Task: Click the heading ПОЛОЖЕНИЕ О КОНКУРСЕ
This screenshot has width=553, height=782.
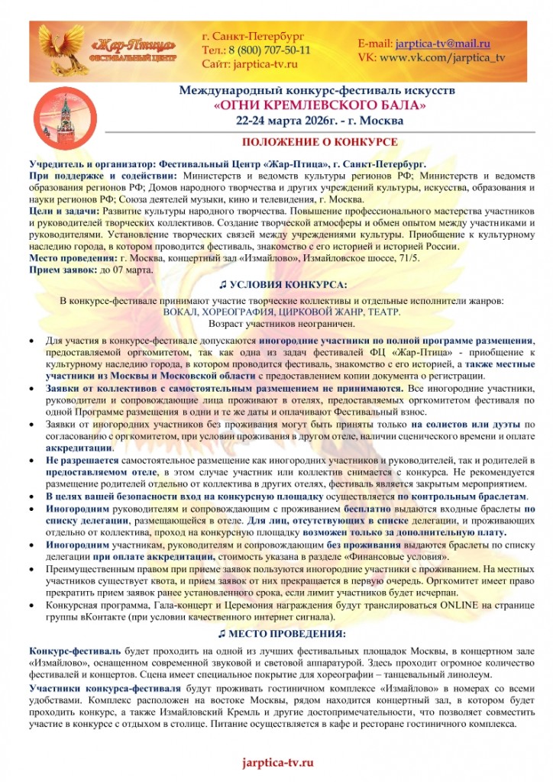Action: (x=319, y=143)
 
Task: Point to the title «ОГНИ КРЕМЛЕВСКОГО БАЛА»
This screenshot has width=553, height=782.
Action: (x=319, y=105)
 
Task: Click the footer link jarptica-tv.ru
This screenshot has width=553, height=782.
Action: (x=277, y=763)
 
